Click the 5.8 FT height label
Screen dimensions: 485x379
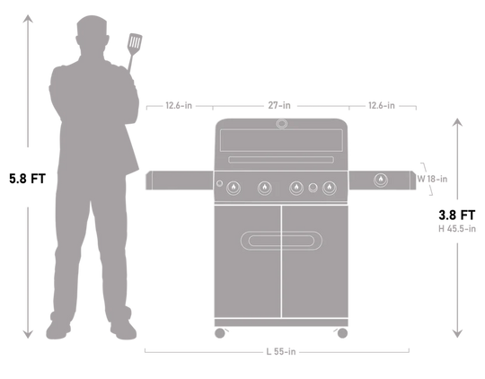point(28,179)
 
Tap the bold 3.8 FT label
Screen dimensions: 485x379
point(457,215)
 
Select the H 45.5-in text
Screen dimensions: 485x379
point(457,229)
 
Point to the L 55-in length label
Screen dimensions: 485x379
point(281,351)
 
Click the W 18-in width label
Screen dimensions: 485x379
point(432,179)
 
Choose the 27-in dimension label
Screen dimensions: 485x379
point(279,105)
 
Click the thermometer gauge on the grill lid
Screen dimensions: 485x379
point(281,124)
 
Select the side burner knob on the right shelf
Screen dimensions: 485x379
point(381,180)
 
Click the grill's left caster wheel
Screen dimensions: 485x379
point(220,333)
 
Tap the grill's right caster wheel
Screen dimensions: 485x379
point(342,333)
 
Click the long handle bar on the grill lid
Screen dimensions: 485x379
point(281,160)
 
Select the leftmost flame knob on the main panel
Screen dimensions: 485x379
point(234,188)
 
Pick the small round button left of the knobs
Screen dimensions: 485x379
point(219,183)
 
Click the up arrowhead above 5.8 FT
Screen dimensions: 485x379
point(28,19)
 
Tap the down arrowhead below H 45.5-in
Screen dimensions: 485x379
point(457,333)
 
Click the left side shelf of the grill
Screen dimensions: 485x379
point(180,180)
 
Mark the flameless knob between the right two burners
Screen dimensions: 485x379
point(313,188)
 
